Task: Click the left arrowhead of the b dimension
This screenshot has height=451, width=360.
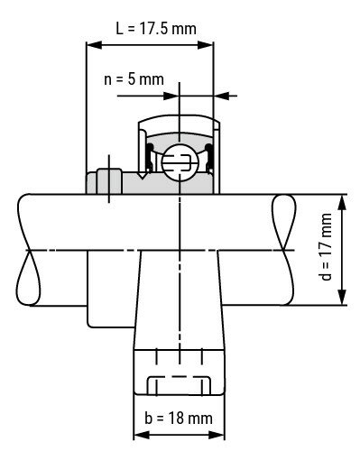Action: coord(138,432)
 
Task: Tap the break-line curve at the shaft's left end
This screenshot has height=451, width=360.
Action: coord(30,249)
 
